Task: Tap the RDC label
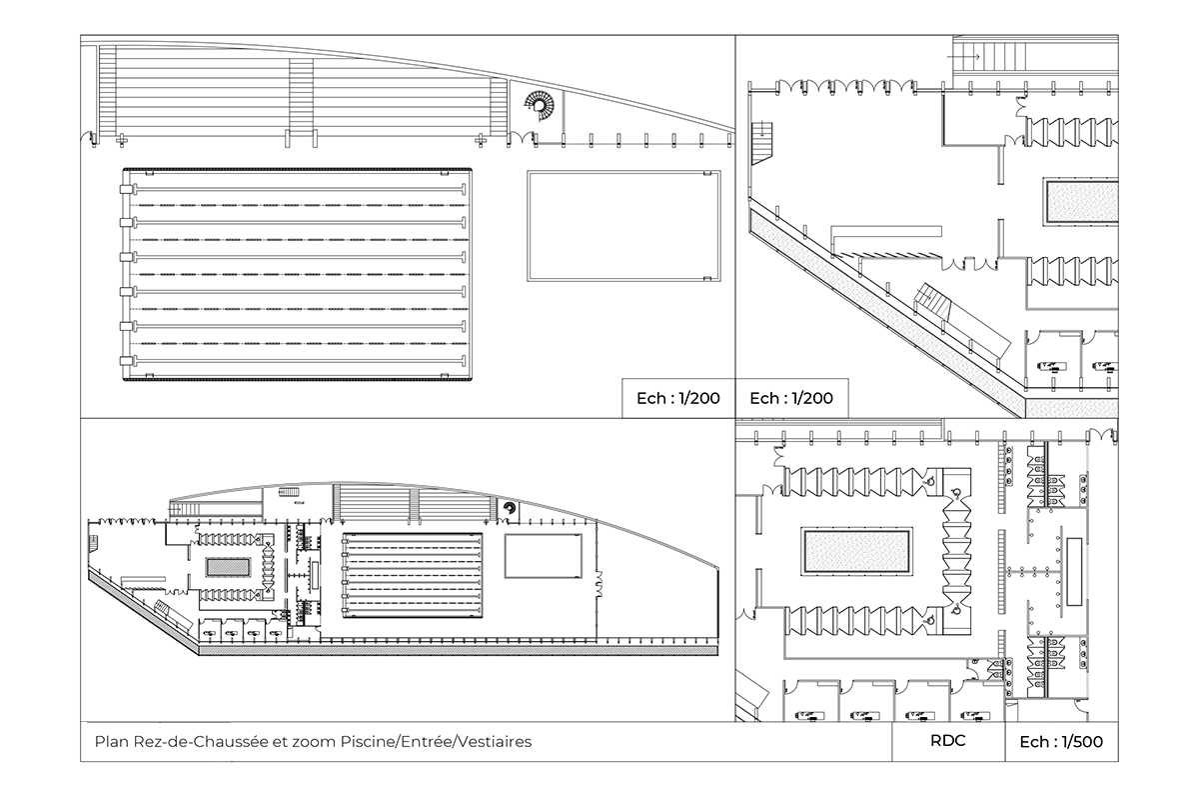948,741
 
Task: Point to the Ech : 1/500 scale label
1061,742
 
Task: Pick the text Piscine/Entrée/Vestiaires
437,742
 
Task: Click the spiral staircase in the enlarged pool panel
540,107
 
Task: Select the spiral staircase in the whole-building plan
509,507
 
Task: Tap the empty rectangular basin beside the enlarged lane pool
623,226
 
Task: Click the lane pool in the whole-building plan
412,575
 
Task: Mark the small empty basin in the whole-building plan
544,556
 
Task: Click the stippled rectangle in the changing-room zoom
856,551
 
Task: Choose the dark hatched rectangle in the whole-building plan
229,567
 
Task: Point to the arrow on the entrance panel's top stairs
963,57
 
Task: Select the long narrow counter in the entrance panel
886,231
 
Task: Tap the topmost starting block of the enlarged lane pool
126,189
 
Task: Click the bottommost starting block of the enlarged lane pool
126,360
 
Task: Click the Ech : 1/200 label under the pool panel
678,398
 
